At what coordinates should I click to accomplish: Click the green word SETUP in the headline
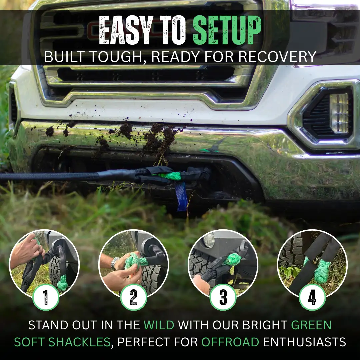[x=227, y=30]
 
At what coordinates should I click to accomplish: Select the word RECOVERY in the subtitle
[x=277, y=57]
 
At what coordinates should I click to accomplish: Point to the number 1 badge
[x=46, y=297]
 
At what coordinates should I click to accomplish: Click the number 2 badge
[x=134, y=297]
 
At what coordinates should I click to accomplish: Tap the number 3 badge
[x=223, y=297]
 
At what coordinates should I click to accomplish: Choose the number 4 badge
[x=312, y=297]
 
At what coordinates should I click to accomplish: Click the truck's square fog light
[x=339, y=113]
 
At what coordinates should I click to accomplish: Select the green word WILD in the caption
[x=159, y=325]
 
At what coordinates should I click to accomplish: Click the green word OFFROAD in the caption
[x=230, y=342]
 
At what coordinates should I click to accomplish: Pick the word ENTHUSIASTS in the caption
[x=304, y=342]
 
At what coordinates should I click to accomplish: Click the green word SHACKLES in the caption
[x=79, y=342]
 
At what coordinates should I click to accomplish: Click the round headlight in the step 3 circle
[x=209, y=240]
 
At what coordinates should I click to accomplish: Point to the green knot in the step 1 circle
[x=62, y=283]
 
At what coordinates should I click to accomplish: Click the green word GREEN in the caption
[x=311, y=325]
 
